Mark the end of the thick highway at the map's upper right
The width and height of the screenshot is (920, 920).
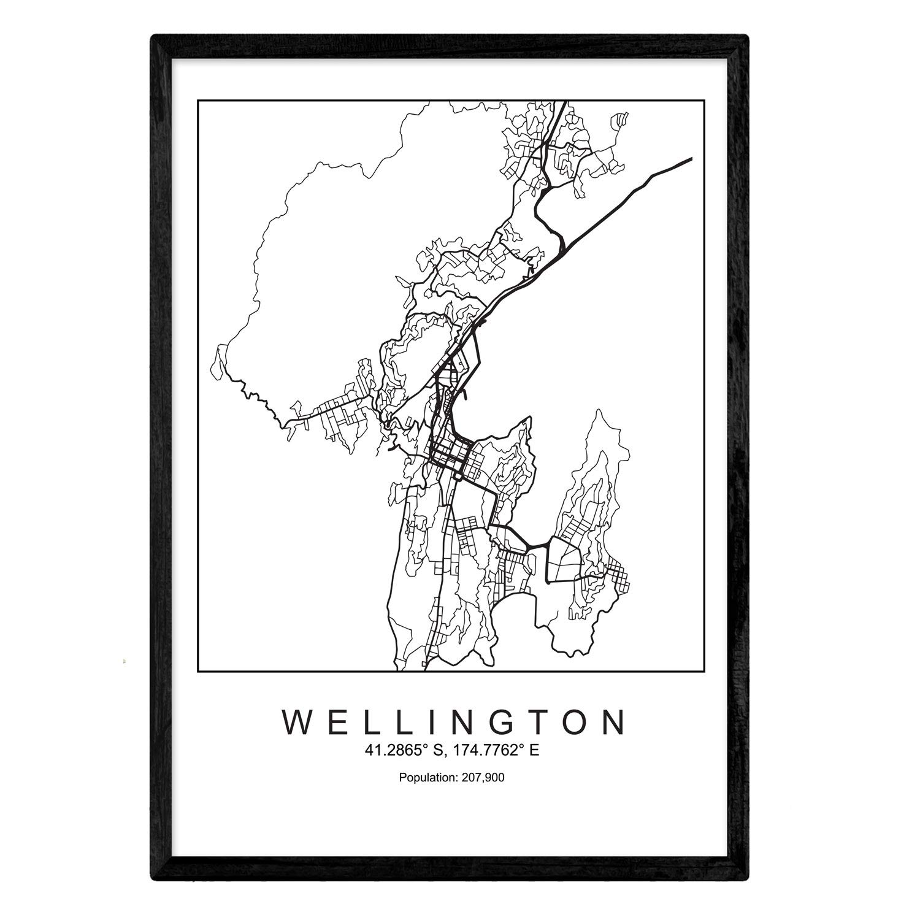coord(691,159)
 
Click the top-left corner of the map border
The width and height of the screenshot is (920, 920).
coord(198,100)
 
